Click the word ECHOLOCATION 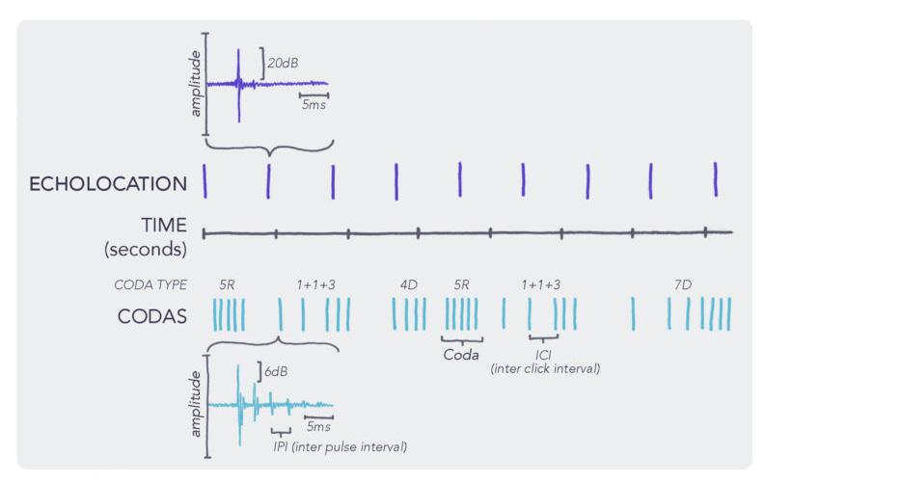(x=108, y=184)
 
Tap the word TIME (x=164, y=225)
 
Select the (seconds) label (x=146, y=249)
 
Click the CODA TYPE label (x=150, y=284)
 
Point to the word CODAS (x=152, y=316)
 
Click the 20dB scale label (x=283, y=64)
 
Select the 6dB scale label (x=276, y=372)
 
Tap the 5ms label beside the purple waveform (x=314, y=105)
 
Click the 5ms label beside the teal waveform (x=318, y=426)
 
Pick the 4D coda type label (x=409, y=284)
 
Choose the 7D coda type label (x=683, y=284)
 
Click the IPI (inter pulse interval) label (x=341, y=446)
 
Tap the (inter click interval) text (x=545, y=368)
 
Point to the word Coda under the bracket (x=461, y=355)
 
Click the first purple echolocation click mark (x=205, y=181)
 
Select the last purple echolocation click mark (x=716, y=179)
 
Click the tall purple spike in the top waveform (x=238, y=86)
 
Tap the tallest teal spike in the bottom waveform (x=238, y=405)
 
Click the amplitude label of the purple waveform (x=196, y=84)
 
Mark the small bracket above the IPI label (x=281, y=432)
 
